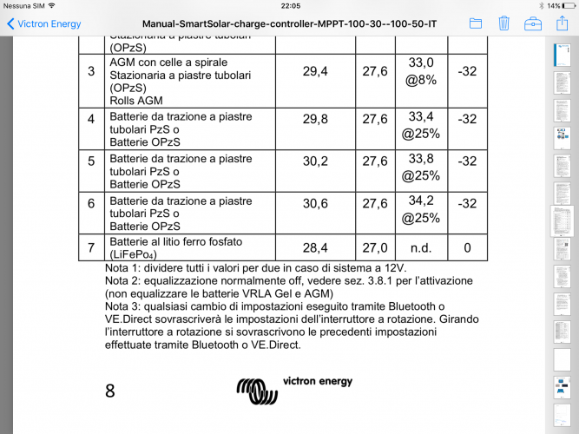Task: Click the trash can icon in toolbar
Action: (503, 23)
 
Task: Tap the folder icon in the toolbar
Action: (475, 23)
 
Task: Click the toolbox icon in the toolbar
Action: (532, 23)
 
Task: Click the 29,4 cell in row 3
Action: (315, 71)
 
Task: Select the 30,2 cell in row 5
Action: (315, 161)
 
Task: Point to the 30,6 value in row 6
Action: (315, 203)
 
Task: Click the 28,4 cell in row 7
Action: (315, 248)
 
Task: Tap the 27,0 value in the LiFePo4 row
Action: (375, 248)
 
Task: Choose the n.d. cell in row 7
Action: (420, 248)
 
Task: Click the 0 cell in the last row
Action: (467, 248)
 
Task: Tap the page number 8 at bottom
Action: (110, 391)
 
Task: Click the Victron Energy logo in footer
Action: (295, 389)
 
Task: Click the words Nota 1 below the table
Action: (122, 268)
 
